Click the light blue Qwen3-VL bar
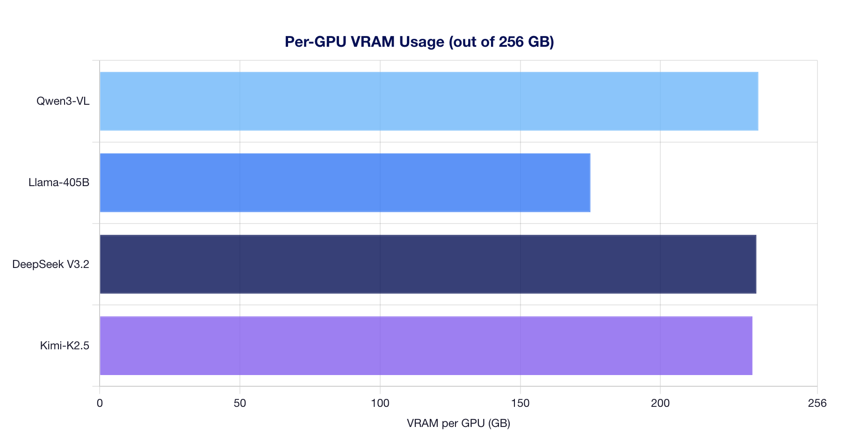428,101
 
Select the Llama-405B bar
345,182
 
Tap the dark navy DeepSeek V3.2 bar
427,264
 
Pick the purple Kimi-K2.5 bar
426,346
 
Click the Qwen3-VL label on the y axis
63,101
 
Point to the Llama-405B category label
58,182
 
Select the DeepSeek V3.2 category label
51,264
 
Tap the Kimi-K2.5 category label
65,346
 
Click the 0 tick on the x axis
100,403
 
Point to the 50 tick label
240,403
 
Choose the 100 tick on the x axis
380,403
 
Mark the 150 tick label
520,403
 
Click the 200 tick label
660,403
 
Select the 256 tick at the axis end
817,403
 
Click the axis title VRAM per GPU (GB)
458,424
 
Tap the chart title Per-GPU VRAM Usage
419,42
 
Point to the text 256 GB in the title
524,42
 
